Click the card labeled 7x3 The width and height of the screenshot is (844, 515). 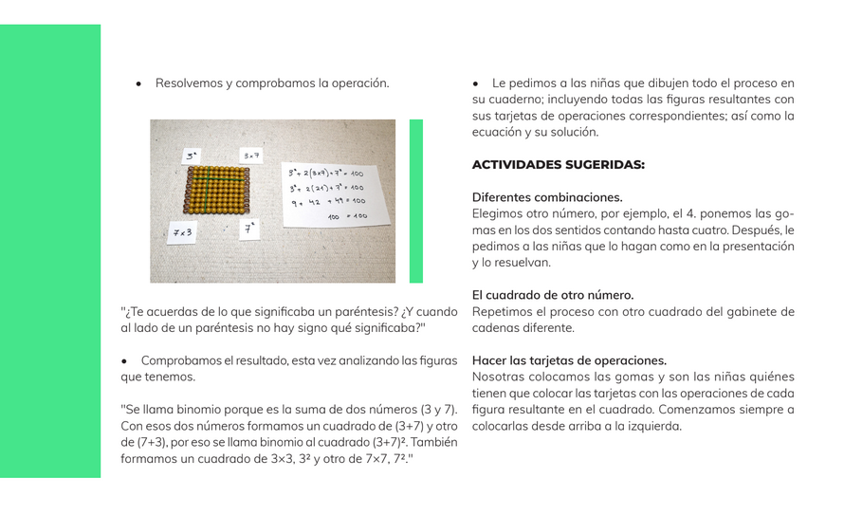[182, 232]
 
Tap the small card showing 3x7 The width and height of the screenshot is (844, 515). [250, 156]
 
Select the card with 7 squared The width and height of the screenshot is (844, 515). [249, 229]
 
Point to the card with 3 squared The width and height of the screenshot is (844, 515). [193, 155]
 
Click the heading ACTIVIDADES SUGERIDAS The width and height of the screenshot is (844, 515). [558, 164]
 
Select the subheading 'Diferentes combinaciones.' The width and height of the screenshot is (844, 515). [547, 197]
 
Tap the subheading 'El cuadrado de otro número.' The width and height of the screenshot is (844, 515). [553, 295]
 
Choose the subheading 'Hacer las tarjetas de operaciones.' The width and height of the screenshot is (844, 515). [569, 360]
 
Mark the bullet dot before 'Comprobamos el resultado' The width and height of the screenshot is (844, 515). [124, 361]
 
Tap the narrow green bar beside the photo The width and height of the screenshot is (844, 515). [415, 201]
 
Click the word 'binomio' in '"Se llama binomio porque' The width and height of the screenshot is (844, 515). [198, 410]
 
